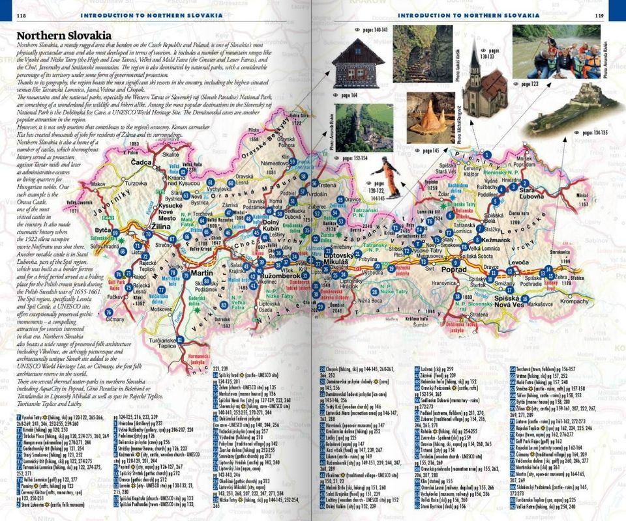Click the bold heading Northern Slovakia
click(x=63, y=36)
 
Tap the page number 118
click(x=22, y=15)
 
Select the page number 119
click(x=599, y=15)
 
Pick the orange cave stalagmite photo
click(x=430, y=118)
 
